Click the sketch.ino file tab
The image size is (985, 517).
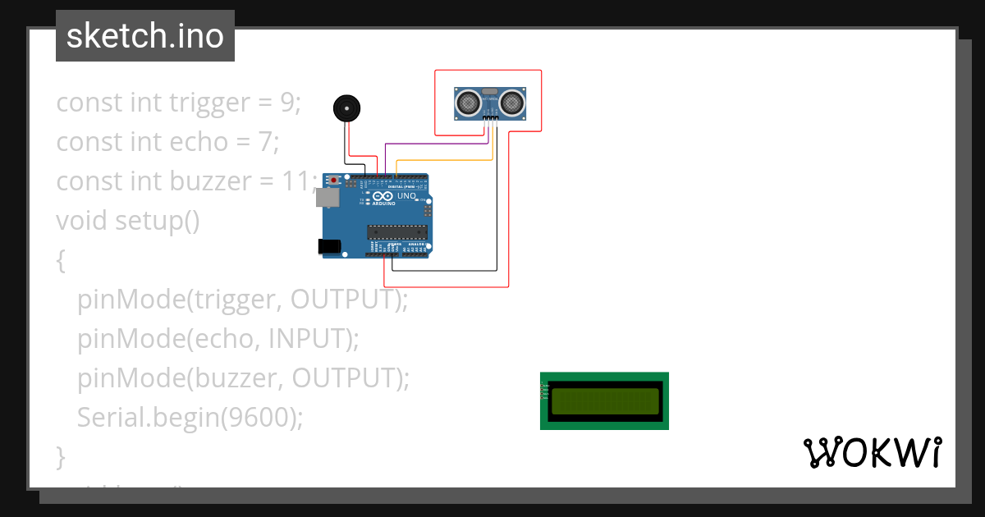coord(145,36)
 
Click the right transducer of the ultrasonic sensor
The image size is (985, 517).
coord(513,102)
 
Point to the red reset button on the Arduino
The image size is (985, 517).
coord(334,181)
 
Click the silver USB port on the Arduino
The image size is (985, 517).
coord(327,197)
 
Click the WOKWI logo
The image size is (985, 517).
coord(872,453)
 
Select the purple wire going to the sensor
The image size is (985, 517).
coord(435,144)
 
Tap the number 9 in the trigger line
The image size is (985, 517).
coord(286,103)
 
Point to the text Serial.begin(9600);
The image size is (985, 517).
coord(190,418)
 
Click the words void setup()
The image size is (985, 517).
coord(127,221)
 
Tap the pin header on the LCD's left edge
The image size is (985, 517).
coord(543,390)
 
